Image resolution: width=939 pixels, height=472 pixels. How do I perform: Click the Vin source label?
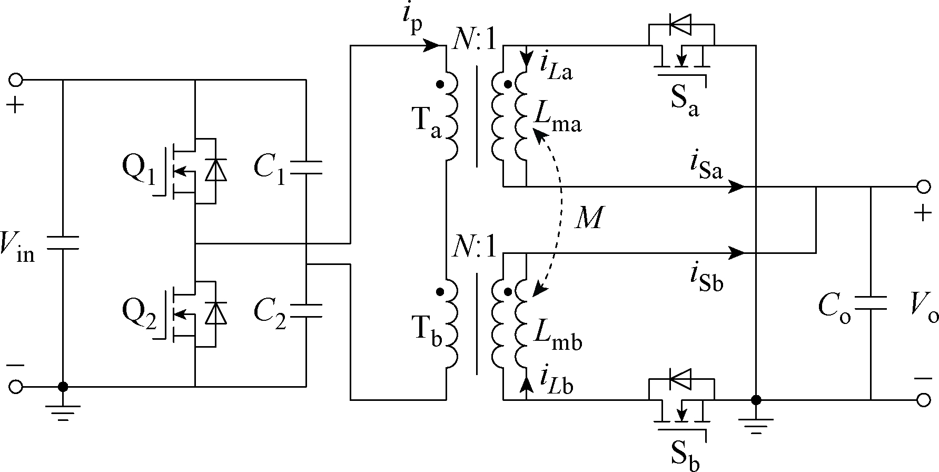17,247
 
